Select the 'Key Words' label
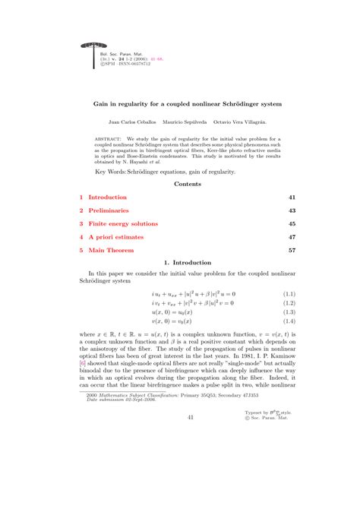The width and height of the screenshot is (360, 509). [x=111, y=172]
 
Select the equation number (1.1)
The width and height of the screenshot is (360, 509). [x=288, y=293]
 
